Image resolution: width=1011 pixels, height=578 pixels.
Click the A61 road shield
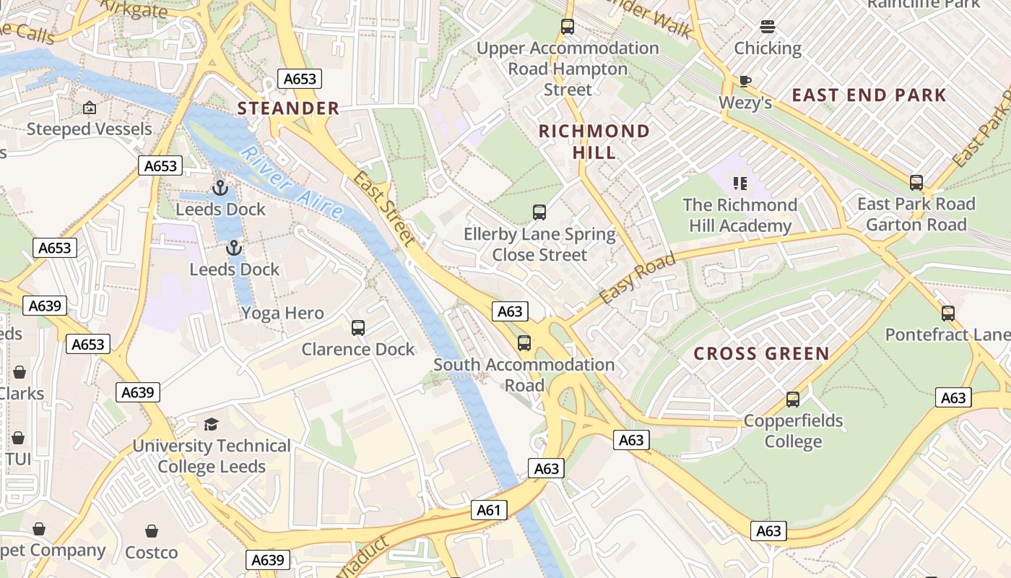(489, 510)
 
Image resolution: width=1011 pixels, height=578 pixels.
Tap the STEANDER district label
(288, 108)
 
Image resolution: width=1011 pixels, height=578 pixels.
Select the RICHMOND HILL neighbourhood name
(594, 142)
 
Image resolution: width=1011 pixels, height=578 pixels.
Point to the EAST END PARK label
(869, 95)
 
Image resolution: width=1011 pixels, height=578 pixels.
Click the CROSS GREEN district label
(761, 354)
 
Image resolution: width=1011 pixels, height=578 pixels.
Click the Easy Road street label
(637, 278)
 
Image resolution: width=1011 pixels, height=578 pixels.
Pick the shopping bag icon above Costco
(152, 531)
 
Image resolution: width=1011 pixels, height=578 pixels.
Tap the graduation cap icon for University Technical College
(211, 424)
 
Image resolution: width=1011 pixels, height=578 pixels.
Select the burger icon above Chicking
(767, 27)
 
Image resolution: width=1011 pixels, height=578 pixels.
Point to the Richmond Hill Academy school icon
(739, 183)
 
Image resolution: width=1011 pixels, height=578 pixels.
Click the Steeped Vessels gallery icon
(89, 108)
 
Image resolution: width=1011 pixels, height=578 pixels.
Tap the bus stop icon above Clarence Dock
(358, 327)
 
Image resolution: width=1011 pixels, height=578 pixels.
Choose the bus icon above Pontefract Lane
(947, 314)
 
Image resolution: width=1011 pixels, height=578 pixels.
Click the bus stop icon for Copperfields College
(792, 399)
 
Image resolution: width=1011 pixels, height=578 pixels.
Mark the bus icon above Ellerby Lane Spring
(539, 212)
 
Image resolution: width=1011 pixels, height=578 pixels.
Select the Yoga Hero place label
(282, 314)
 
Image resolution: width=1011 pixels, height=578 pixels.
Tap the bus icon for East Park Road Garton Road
(916, 182)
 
